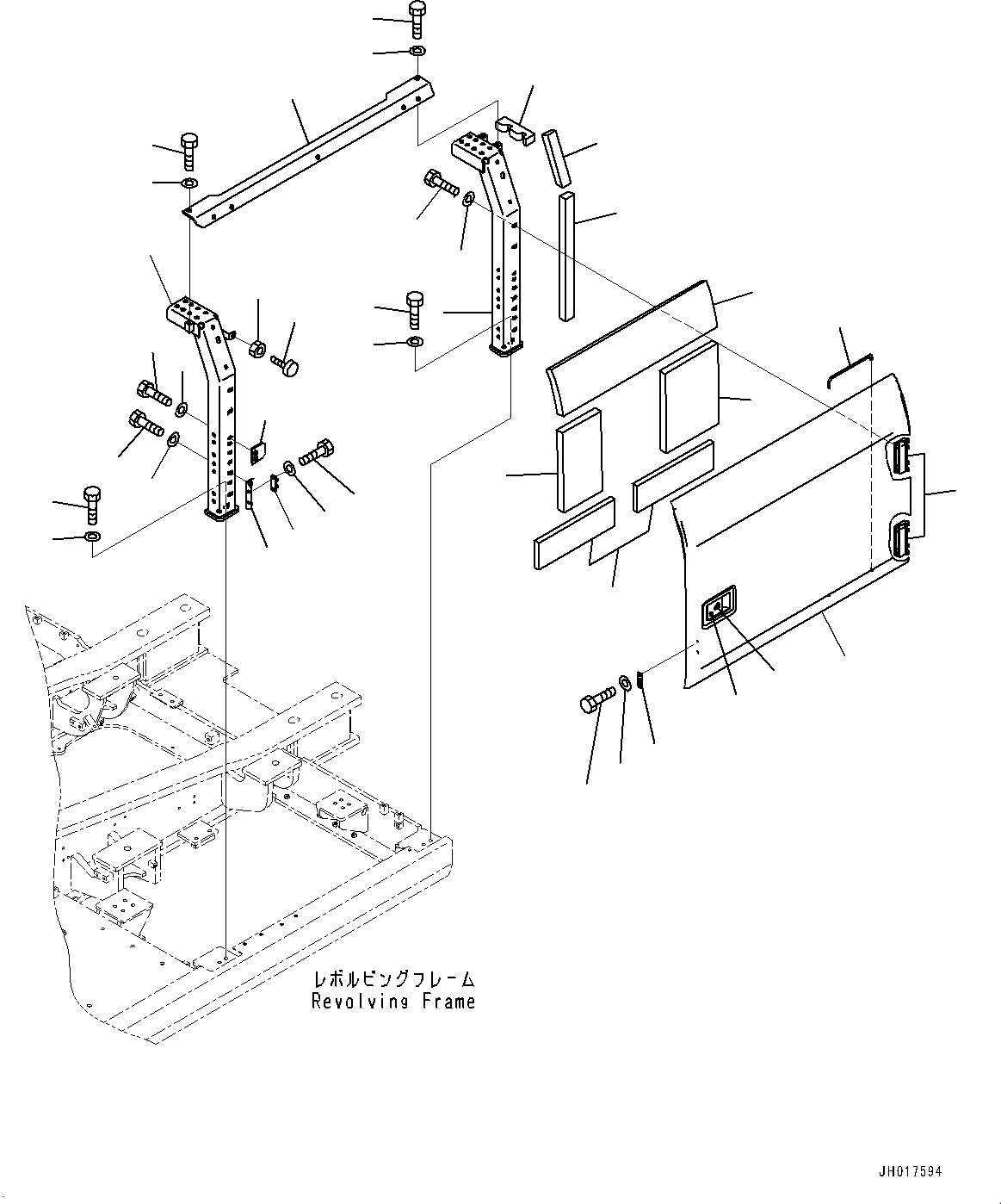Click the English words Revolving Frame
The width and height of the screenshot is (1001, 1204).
(x=393, y=1002)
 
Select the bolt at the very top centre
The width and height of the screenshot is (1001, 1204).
(x=417, y=17)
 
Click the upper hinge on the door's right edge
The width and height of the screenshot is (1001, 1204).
(x=899, y=455)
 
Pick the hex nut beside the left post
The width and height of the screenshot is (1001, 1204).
(x=257, y=349)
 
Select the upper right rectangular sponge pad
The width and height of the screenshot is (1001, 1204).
(x=689, y=396)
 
